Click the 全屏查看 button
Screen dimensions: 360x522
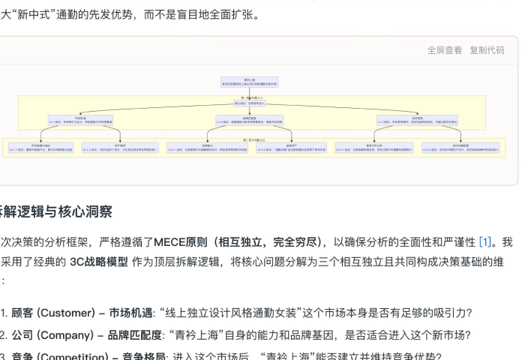point(445,50)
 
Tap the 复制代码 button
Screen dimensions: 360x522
point(487,50)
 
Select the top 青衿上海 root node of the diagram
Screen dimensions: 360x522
point(250,82)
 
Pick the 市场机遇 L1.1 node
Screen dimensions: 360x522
point(80,119)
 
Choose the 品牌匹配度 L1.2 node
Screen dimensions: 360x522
point(250,119)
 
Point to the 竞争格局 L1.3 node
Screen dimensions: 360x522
point(417,119)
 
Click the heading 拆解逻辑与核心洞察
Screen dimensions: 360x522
point(56,213)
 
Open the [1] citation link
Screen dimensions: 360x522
point(485,241)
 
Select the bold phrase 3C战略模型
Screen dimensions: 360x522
point(98,262)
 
